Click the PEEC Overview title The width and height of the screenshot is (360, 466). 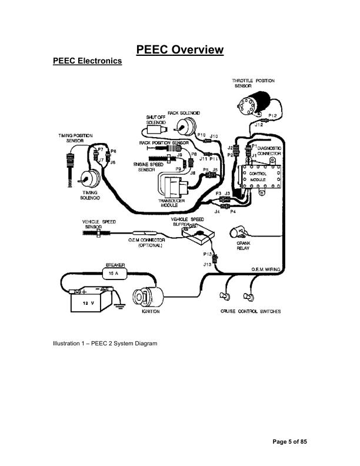point(180,49)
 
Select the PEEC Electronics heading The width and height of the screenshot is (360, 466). point(87,61)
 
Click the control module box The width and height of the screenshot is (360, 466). point(260,177)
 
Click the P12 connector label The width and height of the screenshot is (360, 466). point(272,116)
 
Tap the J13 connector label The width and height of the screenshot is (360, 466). point(207,265)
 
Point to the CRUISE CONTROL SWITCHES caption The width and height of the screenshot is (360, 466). point(251,311)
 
